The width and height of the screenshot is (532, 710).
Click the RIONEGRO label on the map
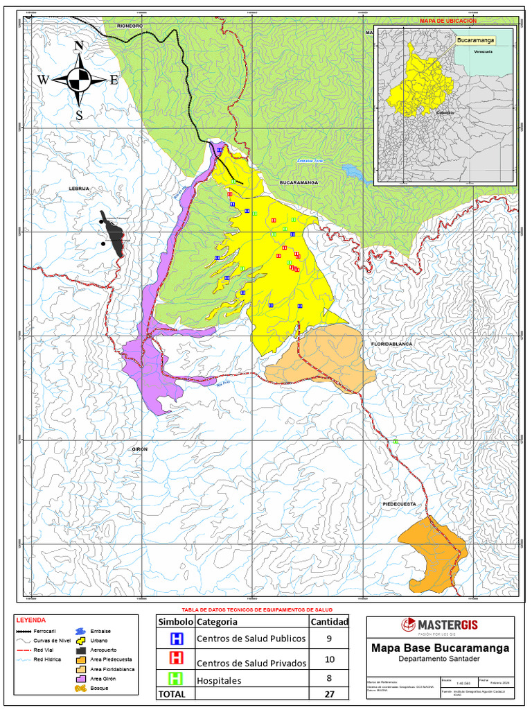130,26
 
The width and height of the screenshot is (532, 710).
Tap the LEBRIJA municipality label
80,188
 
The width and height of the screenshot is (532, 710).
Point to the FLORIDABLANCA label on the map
391,344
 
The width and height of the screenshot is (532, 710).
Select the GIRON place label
140,449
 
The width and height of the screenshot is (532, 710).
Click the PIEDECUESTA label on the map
399,504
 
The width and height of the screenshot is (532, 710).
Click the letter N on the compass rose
79,46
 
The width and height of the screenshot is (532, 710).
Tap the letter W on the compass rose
43,80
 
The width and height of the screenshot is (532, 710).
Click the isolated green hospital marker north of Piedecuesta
396,441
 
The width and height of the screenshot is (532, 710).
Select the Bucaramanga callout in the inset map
476,41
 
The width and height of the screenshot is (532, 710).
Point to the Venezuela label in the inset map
483,52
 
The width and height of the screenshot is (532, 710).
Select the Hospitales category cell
219,681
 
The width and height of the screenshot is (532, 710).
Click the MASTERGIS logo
440,625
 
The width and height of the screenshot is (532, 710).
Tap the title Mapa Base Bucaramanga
440,648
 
